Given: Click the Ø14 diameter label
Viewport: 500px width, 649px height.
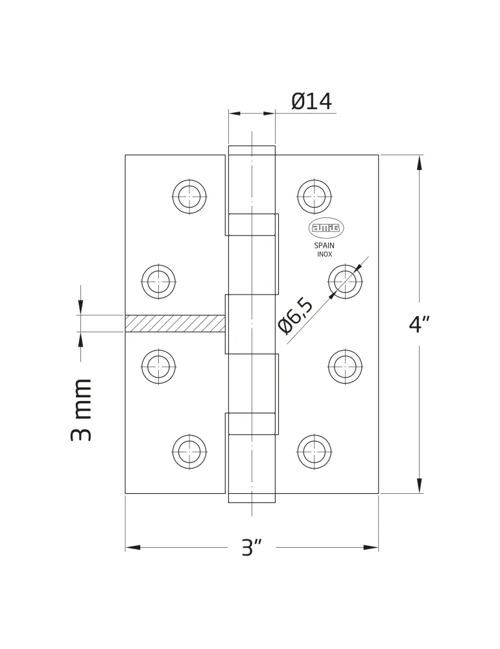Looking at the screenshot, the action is click(311, 101).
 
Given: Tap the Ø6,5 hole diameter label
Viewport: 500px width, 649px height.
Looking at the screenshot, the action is click(296, 315).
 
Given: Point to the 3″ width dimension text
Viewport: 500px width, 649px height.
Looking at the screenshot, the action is click(252, 548).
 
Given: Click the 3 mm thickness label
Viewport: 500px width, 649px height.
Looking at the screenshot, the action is click(80, 410).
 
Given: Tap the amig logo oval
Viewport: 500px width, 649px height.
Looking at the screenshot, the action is click(326, 228).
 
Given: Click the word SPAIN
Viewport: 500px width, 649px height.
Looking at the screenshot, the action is click(324, 245).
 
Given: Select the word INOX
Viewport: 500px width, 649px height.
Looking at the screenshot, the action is click(325, 254).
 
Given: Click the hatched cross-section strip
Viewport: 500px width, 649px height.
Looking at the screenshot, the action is click(175, 323).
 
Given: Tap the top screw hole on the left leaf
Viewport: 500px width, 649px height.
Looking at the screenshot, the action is click(189, 197).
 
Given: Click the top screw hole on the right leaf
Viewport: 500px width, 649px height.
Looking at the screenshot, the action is click(315, 197).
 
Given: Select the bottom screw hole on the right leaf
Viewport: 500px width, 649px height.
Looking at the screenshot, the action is click(315, 452).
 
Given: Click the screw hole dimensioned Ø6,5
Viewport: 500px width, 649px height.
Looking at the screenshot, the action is click(345, 282).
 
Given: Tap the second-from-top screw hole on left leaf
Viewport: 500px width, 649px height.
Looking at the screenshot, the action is click(158, 282).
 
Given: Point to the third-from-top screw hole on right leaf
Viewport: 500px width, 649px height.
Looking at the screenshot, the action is click(345, 367).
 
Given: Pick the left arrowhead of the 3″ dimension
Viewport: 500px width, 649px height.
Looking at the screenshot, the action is click(132, 548).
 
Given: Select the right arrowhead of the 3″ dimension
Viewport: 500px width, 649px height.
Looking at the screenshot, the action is click(372, 548).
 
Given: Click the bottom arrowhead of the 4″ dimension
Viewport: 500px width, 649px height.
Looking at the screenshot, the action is click(420, 486).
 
